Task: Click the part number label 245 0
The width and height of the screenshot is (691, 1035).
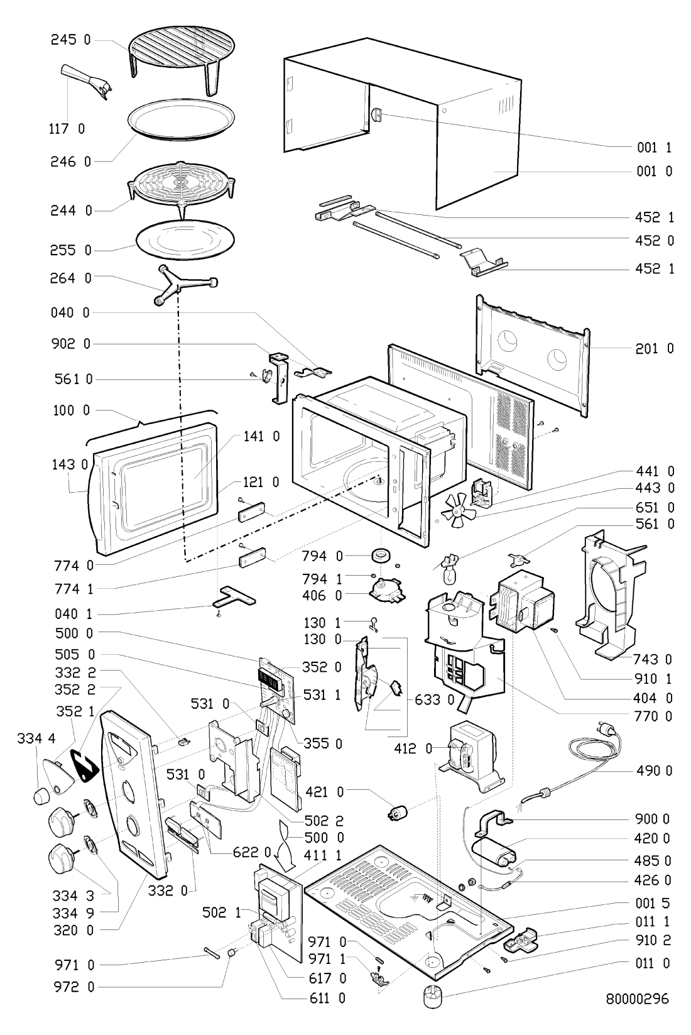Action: (x=70, y=40)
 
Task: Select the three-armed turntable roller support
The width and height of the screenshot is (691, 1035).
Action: (x=186, y=287)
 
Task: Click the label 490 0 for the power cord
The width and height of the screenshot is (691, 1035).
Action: (x=654, y=771)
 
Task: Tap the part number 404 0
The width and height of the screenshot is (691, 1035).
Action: (x=654, y=698)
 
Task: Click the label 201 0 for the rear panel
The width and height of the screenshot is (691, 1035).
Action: (x=654, y=348)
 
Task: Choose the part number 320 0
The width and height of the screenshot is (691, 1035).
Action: (x=70, y=931)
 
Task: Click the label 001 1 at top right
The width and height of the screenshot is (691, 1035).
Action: (x=654, y=148)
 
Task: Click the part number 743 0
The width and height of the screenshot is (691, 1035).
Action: (x=654, y=659)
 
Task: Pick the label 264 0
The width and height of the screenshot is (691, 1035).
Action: (x=70, y=277)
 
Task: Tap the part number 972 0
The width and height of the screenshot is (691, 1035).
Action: (x=70, y=987)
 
